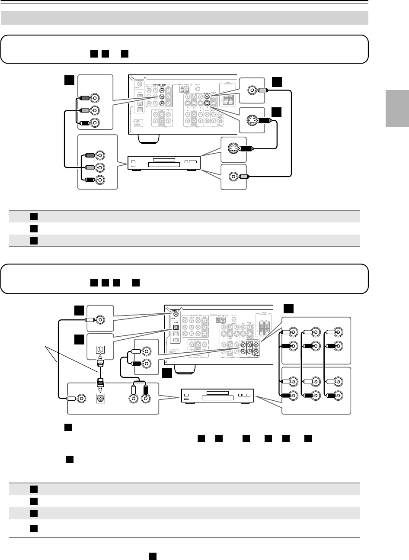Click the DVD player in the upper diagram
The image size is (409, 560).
click(161, 164)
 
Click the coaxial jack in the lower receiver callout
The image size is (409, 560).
click(100, 320)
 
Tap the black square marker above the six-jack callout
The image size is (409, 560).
click(289, 308)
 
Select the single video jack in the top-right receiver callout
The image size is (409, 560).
click(252, 90)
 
